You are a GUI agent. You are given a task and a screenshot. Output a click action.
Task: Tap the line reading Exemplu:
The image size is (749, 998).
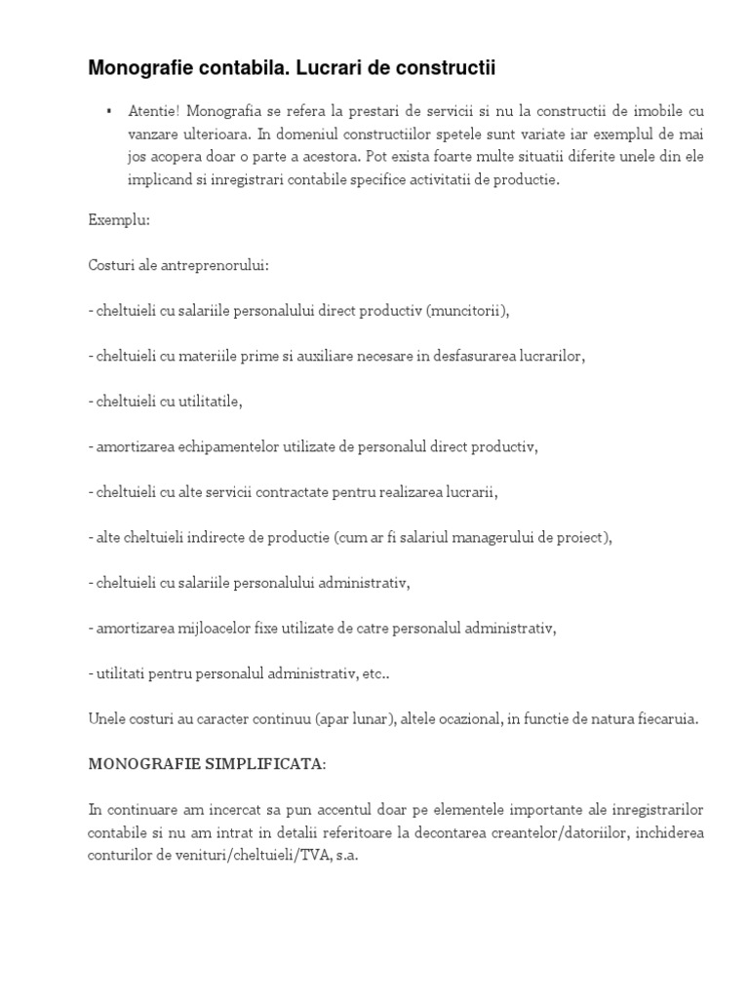119,220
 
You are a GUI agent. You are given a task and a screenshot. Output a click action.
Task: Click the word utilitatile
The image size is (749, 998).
207,401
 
